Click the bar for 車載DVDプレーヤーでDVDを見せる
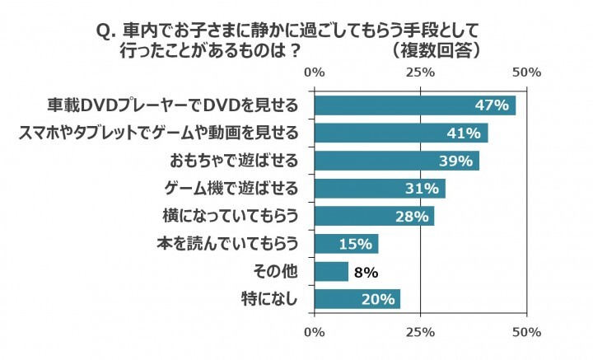click(x=414, y=105)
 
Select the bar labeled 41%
click(x=400, y=133)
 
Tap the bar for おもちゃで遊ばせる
click(x=396, y=161)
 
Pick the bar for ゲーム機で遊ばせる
click(x=379, y=189)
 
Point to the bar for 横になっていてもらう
click(x=374, y=216)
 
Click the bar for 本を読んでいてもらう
click(x=346, y=244)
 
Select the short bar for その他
click(x=331, y=271)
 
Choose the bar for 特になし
click(x=357, y=298)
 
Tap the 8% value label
click(x=366, y=271)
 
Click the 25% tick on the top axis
click(x=421, y=72)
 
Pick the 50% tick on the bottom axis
click(x=526, y=332)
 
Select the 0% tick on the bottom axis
click(x=315, y=332)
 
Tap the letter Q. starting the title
click(x=105, y=30)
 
